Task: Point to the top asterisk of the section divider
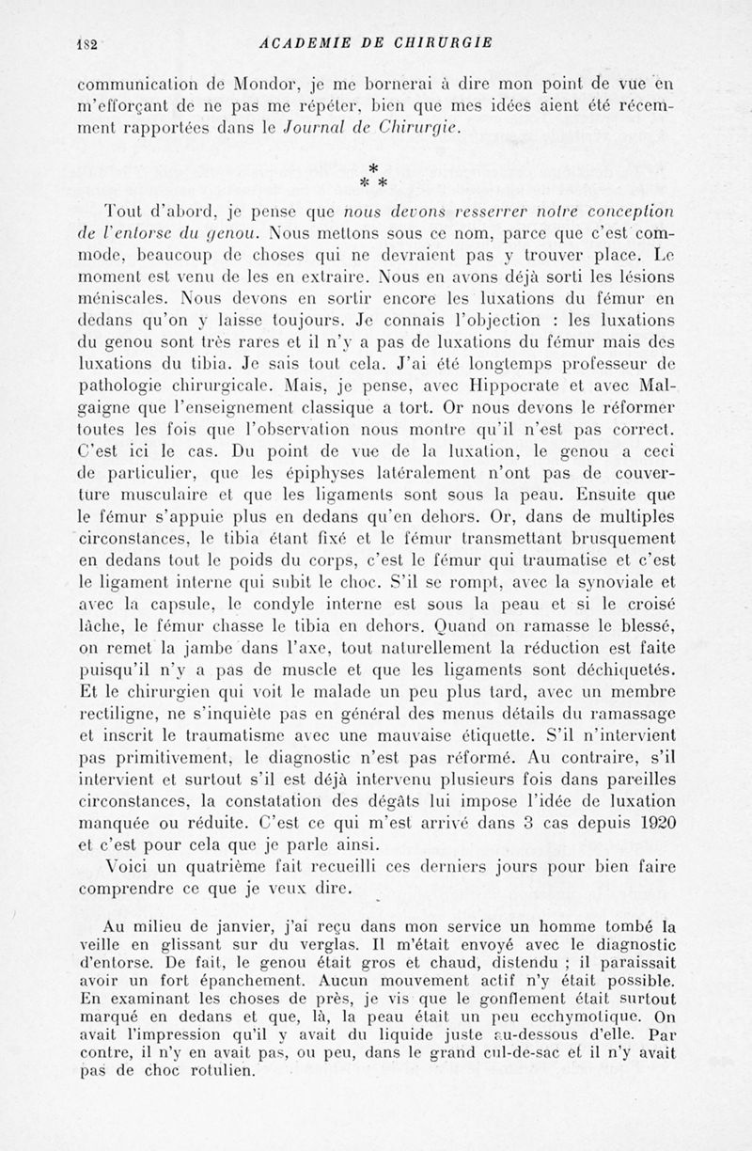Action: [x=372, y=167]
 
